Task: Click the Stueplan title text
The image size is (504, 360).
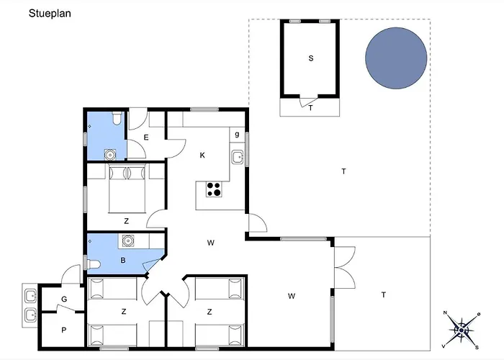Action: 50,14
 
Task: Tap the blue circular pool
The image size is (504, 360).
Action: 396,58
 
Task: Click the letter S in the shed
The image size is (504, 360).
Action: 311,58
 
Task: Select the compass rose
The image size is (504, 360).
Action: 462,330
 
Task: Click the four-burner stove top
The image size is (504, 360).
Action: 214,189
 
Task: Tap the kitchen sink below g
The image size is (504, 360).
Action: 238,158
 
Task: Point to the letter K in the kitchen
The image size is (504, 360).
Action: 202,156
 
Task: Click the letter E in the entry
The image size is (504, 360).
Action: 146,138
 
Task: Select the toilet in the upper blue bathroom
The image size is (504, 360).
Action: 117,118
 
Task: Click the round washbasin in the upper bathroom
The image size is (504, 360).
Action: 110,155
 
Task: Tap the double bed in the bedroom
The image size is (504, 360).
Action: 127,188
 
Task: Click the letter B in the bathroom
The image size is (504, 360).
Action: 123,261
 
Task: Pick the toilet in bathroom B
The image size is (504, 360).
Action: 93,264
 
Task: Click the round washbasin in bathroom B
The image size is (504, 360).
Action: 128,240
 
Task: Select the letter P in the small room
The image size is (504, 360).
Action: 64,330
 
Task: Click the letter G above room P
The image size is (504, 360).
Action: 64,300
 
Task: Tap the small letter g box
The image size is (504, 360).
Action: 237,135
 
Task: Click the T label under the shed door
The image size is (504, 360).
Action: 310,108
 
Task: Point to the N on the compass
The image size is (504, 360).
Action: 445,312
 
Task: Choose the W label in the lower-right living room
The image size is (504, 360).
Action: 292,296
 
